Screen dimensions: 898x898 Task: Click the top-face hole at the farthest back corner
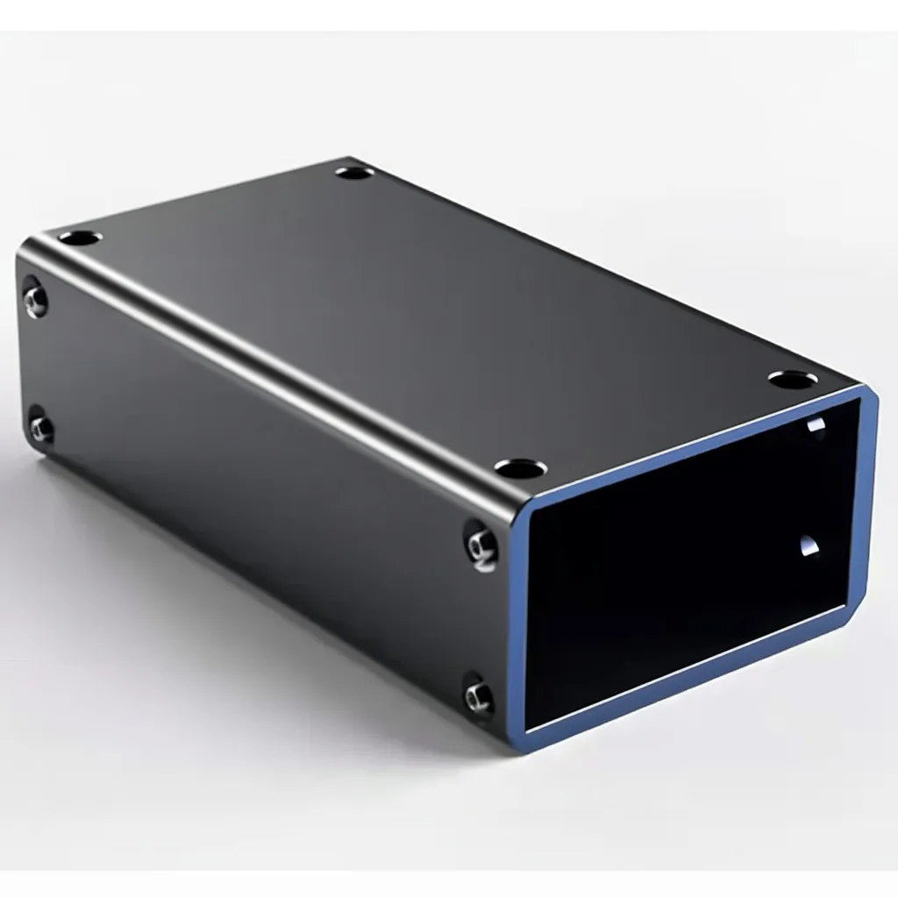point(354,172)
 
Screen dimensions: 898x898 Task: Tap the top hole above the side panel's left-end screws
point(80,237)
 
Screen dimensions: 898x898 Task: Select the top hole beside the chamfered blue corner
point(793,380)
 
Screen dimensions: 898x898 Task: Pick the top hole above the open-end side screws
point(520,468)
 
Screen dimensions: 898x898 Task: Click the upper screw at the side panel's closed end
point(35,298)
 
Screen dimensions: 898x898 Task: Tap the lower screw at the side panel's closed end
point(40,427)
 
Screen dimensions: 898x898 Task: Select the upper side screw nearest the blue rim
point(481,547)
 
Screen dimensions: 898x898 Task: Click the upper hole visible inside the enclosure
point(816,425)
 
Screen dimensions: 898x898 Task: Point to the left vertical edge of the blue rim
point(520,623)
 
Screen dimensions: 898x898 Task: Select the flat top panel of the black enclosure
point(438,298)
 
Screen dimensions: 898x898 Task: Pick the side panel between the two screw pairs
point(254,491)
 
